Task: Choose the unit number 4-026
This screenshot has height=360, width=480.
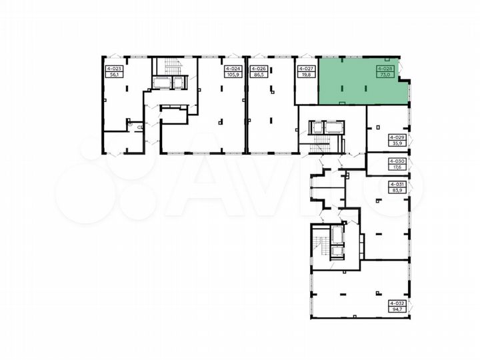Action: [257, 68]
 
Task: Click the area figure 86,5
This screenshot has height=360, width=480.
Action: [257, 75]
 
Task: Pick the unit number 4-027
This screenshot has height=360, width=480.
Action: [305, 68]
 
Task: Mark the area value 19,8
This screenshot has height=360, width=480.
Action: [305, 75]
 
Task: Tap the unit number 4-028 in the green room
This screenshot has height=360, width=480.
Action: [385, 68]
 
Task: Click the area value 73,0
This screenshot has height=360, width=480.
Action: [385, 75]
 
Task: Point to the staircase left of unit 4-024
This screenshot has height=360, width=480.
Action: [172, 67]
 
